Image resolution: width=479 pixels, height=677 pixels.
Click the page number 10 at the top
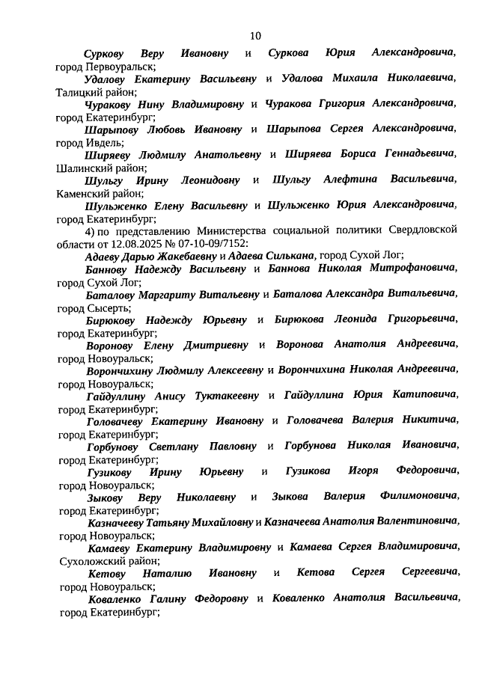pos(255,35)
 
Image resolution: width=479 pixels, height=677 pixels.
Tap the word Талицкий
pos(81,93)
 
